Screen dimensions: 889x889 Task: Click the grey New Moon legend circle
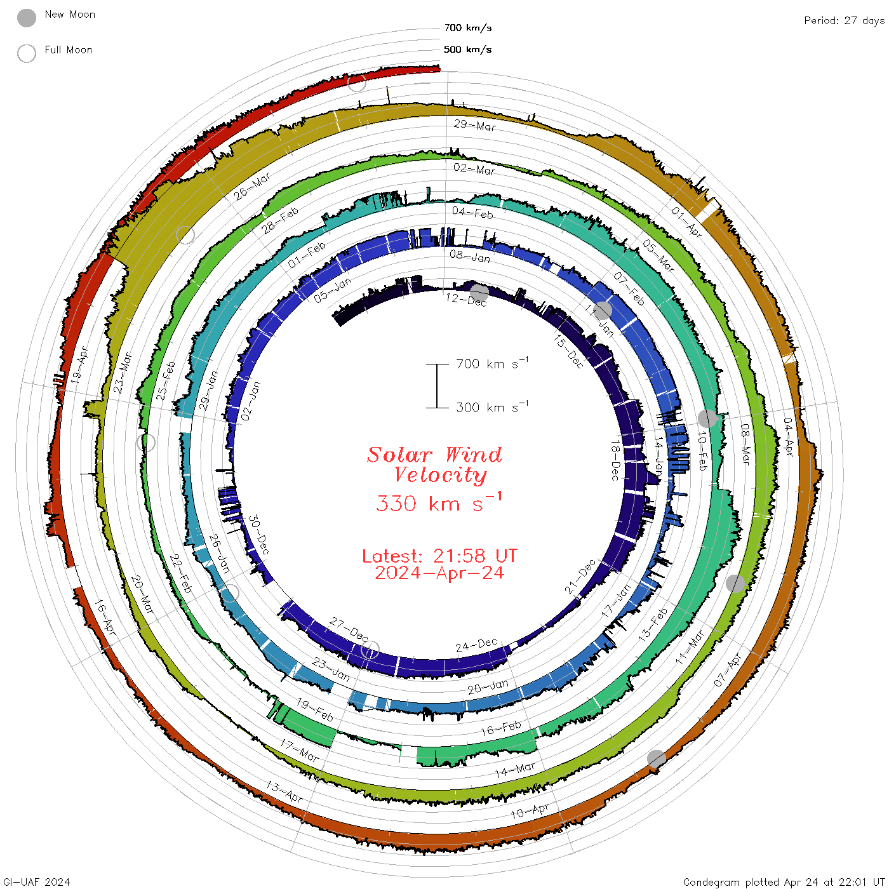tap(27, 18)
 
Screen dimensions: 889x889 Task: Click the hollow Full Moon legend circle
tap(27, 53)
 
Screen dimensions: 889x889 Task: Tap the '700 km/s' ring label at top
tap(467, 28)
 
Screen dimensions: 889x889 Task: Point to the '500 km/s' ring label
tap(467, 50)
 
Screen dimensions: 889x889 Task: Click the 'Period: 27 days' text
tap(844, 21)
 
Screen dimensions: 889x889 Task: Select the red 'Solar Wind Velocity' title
tap(436, 464)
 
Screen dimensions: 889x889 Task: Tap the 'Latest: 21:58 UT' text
tap(439, 556)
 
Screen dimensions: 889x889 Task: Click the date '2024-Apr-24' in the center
tap(439, 573)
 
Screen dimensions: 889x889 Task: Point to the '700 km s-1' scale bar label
tap(491, 364)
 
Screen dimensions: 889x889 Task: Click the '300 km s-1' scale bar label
tap(491, 407)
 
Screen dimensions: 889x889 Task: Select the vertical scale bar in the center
tap(437, 385)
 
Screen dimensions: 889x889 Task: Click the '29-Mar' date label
tap(475, 126)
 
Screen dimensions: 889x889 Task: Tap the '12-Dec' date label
tap(466, 300)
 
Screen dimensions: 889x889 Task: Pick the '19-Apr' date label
tap(80, 364)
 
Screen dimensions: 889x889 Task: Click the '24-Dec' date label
tap(476, 646)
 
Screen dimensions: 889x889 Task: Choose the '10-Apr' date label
tap(530, 811)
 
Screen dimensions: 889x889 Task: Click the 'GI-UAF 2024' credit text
tap(36, 882)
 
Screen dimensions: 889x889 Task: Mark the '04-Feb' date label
tap(473, 213)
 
